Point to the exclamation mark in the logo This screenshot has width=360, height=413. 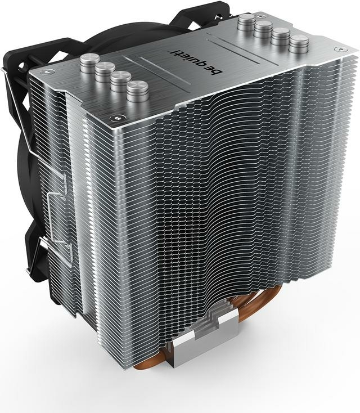[172, 51]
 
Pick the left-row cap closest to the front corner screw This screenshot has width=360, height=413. [137, 91]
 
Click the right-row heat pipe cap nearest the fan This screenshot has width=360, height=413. [246, 22]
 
